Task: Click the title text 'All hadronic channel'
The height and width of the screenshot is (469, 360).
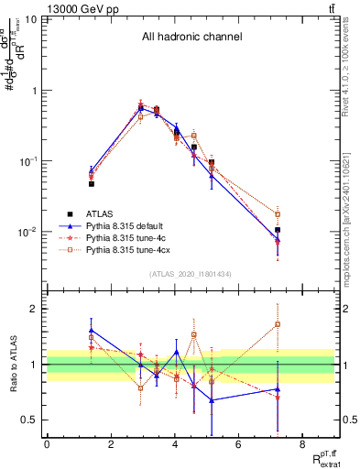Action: click(x=191, y=38)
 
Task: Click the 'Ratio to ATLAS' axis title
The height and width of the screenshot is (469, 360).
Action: click(x=12, y=364)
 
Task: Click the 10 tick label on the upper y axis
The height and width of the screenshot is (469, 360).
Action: click(x=31, y=19)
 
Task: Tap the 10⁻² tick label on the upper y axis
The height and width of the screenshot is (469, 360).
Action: click(x=28, y=232)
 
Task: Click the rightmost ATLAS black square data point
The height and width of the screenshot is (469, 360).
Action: click(x=277, y=231)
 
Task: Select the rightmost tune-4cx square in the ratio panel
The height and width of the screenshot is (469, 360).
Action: click(x=277, y=324)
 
